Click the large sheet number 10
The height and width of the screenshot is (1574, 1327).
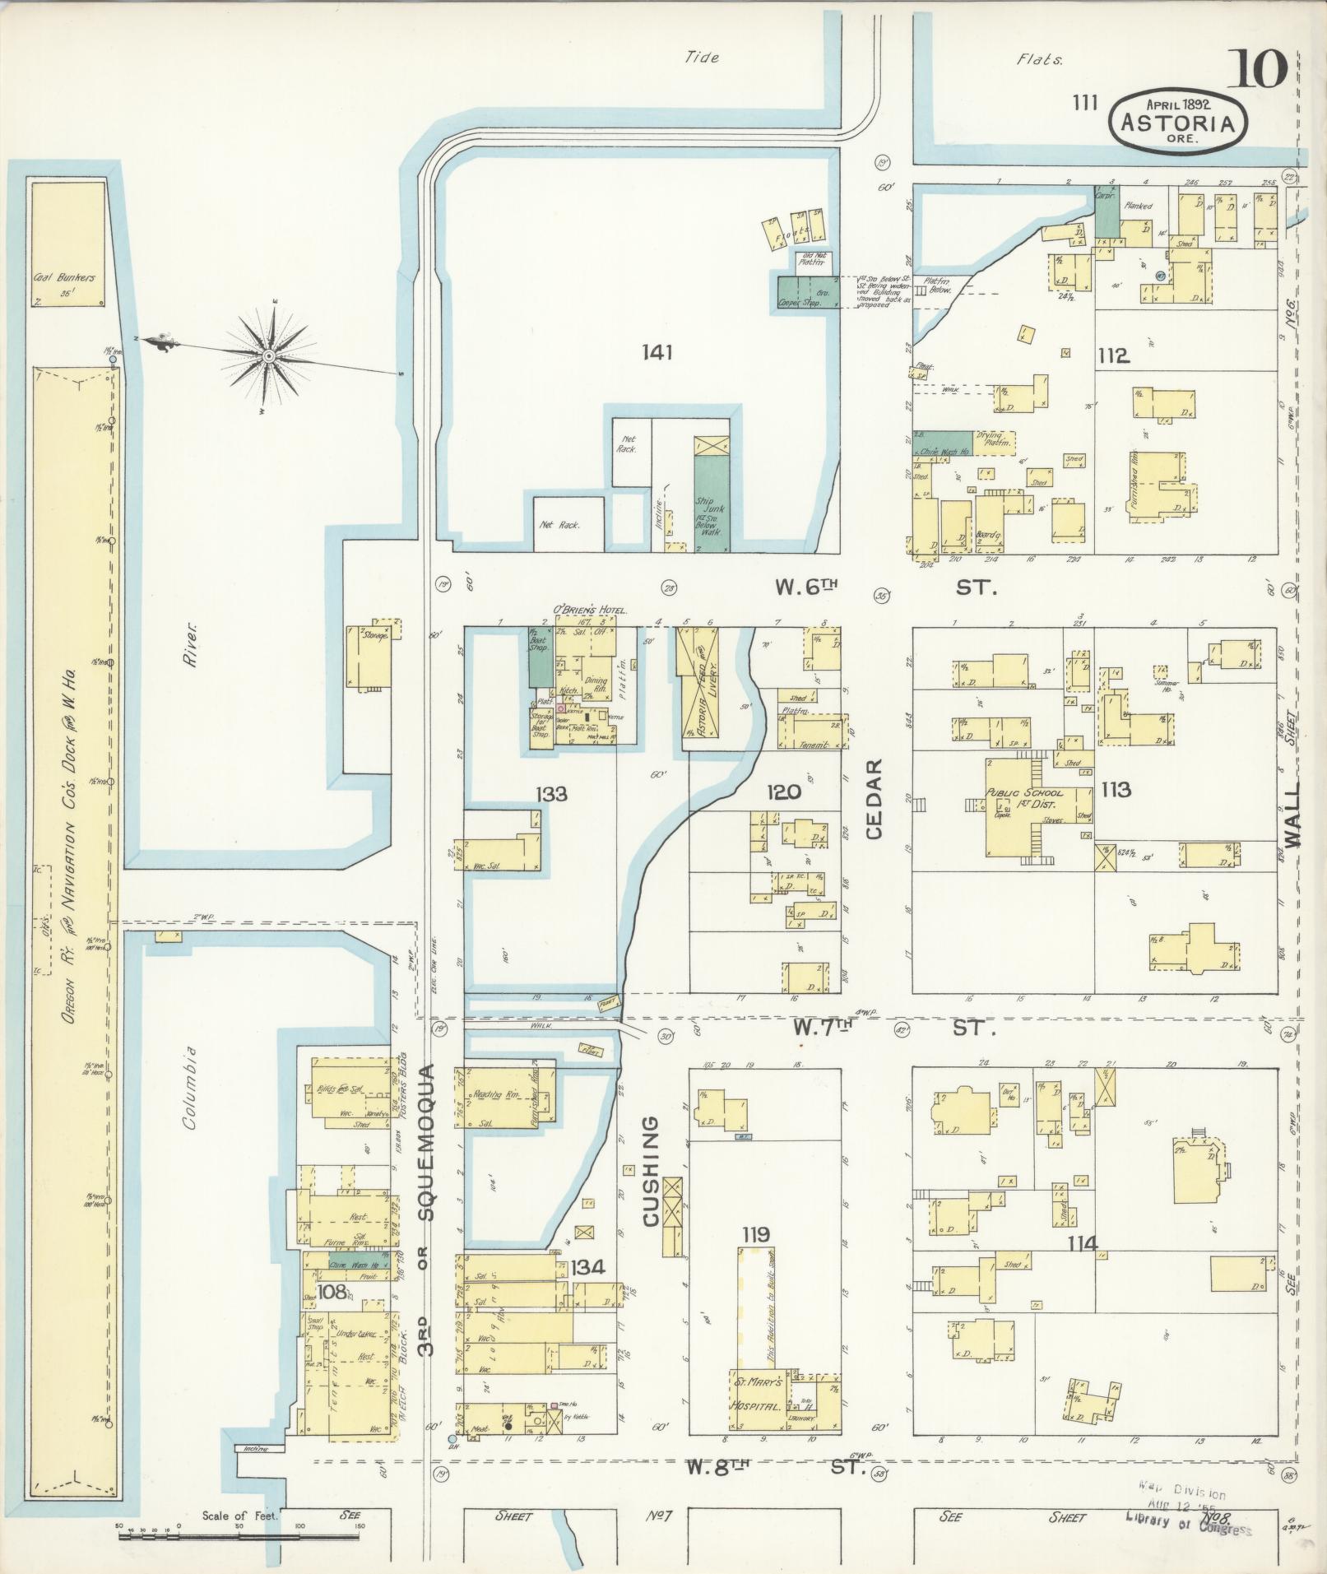tap(1258, 68)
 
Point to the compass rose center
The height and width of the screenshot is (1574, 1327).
tap(268, 355)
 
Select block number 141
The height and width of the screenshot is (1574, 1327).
tap(658, 353)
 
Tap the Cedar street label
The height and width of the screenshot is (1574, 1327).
tap(873, 797)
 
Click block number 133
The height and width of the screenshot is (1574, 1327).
tap(551, 794)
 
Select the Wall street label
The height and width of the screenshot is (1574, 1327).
tap(1294, 814)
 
